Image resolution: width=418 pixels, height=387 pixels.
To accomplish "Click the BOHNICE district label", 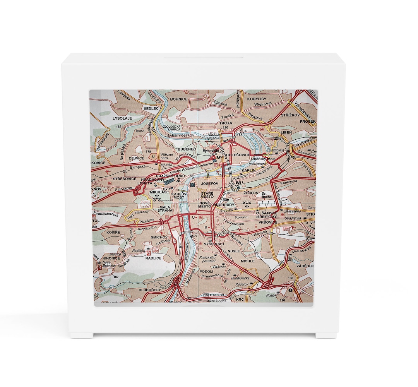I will tap(179, 99).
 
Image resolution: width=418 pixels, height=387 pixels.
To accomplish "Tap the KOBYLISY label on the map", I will tap(256, 99).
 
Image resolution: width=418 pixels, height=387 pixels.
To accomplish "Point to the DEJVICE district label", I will tap(136, 158).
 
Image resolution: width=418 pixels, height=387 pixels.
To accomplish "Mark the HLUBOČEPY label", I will tap(149, 289).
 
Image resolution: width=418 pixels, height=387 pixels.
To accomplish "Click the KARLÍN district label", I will tap(248, 170).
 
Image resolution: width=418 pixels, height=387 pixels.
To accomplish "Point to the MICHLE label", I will tap(248, 261).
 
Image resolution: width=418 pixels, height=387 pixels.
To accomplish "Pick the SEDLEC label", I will tap(151, 109).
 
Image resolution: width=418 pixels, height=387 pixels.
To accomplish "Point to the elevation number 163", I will tap(119, 127).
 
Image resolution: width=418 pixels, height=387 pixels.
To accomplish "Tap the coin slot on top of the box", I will tap(203, 58).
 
